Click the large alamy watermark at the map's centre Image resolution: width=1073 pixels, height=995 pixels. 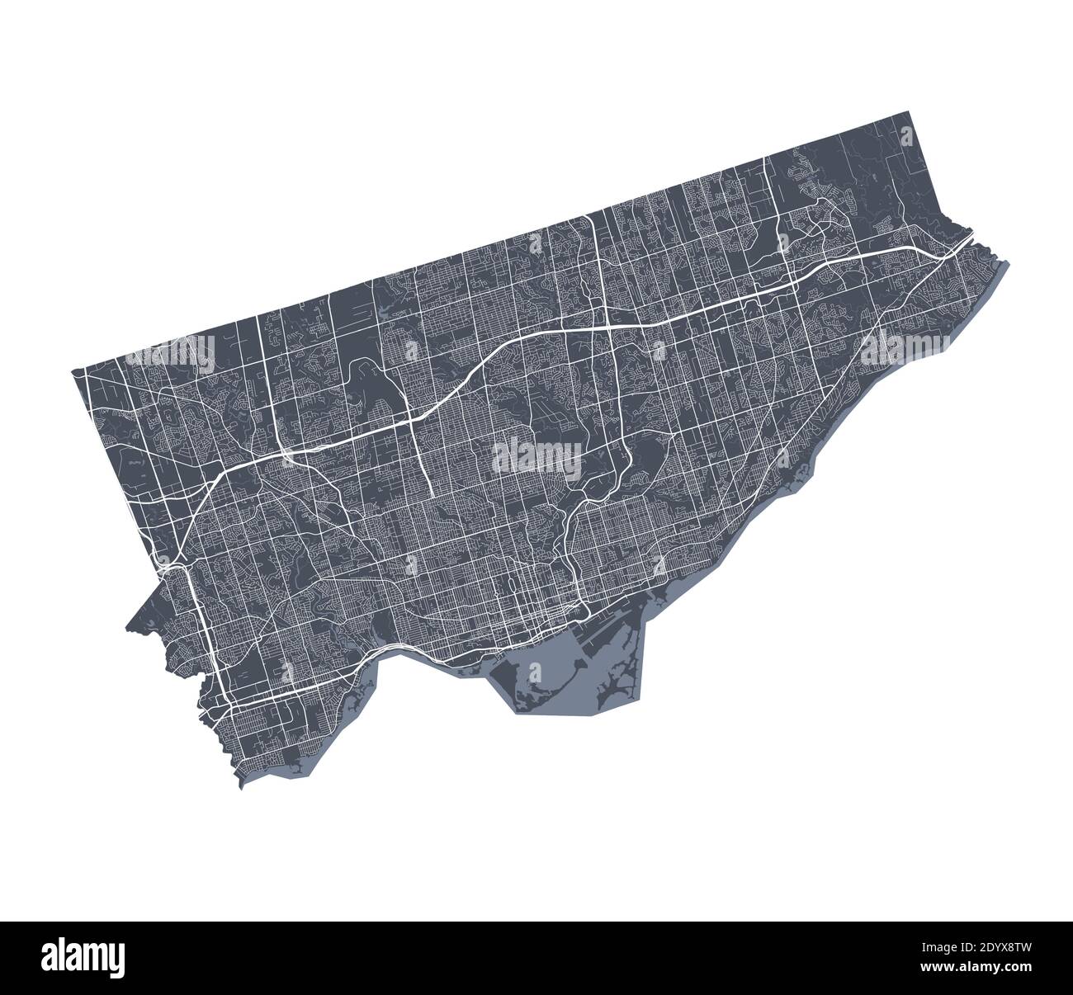(536, 455)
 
